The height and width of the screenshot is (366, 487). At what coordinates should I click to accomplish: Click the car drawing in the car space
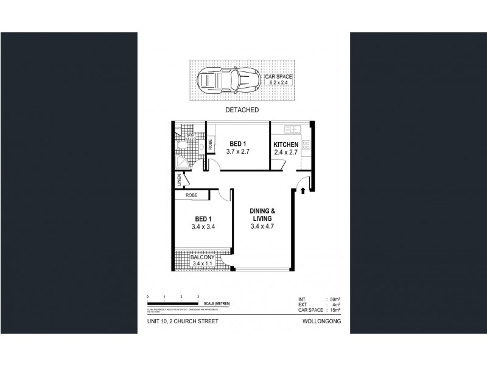[x=226, y=79]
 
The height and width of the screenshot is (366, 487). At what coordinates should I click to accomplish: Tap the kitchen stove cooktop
[x=306, y=146]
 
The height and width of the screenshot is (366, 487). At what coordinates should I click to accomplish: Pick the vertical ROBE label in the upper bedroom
[x=210, y=145]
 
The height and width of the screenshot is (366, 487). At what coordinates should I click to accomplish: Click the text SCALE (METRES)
[x=217, y=304]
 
